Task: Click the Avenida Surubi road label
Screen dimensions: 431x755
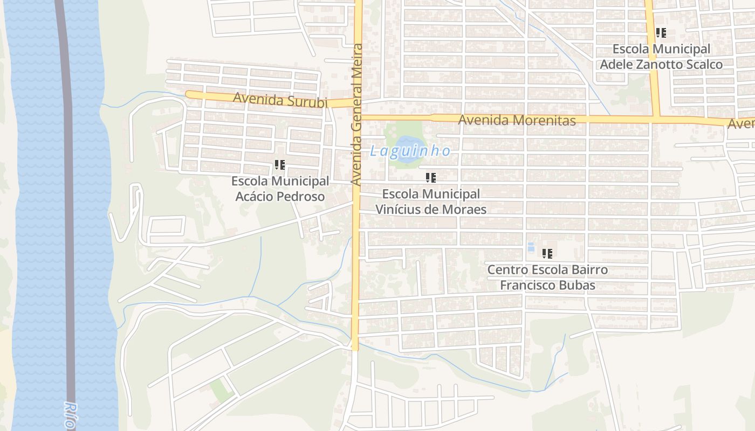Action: point(280,100)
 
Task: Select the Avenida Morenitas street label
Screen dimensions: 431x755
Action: point(517,120)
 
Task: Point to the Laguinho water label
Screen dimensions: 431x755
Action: point(410,151)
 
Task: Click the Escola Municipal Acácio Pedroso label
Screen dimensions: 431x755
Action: point(280,189)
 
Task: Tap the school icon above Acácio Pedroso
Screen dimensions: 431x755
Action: point(280,165)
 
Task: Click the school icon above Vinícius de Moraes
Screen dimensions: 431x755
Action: point(431,177)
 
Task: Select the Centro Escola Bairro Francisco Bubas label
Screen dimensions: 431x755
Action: point(547,277)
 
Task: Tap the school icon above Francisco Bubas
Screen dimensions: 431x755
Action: point(547,253)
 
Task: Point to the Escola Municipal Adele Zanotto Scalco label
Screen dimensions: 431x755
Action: point(661,57)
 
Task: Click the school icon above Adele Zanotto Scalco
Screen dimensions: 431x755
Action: point(661,33)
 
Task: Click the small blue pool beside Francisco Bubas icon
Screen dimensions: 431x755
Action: point(531,248)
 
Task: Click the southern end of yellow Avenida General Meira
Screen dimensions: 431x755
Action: point(355,347)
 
